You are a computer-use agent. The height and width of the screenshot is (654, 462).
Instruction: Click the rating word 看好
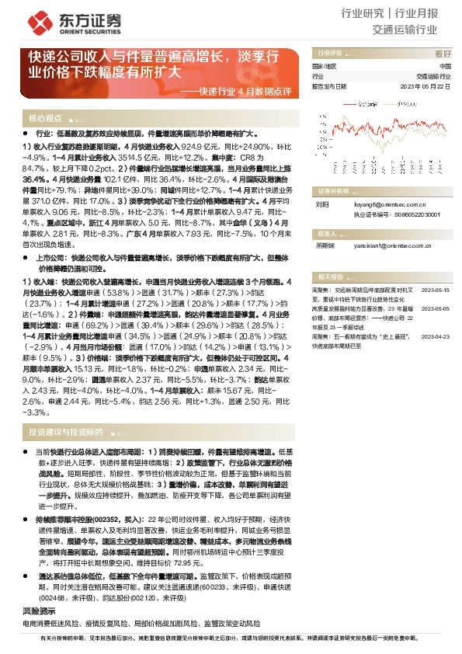pyautogui.click(x=443, y=54)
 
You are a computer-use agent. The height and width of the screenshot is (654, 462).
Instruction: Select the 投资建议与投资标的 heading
pyautogui.click(x=65, y=431)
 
